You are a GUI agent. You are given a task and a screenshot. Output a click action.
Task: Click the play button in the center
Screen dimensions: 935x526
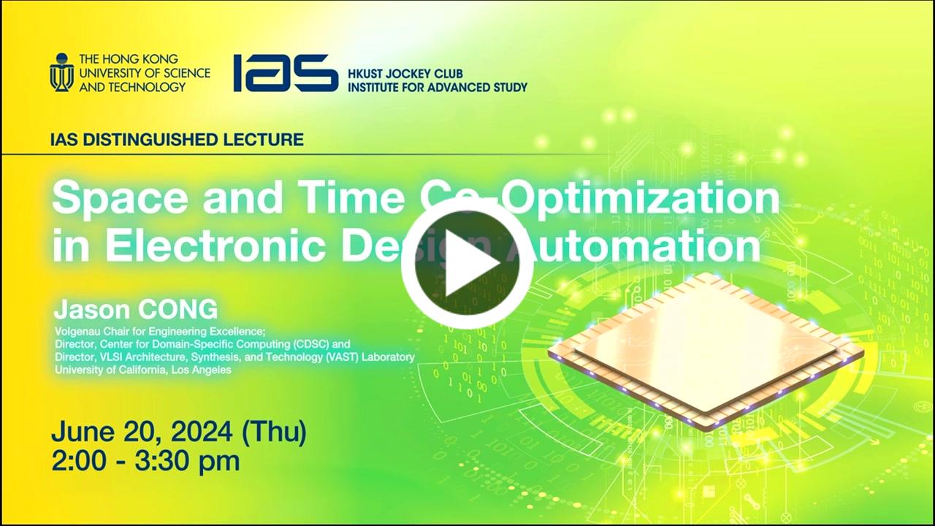click(467, 264)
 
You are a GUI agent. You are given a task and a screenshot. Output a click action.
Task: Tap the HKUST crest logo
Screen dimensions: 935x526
click(62, 72)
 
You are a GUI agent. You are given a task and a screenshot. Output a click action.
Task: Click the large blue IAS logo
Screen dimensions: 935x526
click(286, 72)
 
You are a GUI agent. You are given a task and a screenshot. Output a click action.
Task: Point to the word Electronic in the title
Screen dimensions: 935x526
click(215, 245)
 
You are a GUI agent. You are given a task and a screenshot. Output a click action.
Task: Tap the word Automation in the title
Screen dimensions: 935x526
click(635, 245)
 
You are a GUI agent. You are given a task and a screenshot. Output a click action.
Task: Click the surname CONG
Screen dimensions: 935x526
click(178, 309)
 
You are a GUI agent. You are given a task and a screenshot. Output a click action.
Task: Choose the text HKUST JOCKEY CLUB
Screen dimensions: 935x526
click(405, 74)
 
